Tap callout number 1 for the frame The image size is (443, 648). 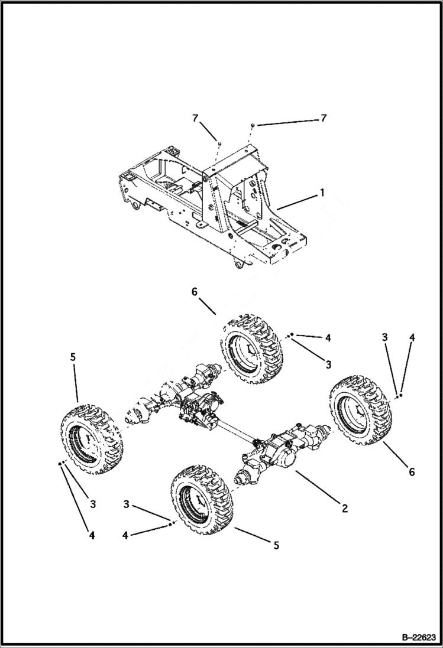coord(322,192)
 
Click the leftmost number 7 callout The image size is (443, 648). coord(195,118)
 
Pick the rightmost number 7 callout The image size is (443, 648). coord(323,118)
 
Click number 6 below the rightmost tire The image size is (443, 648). coord(412,471)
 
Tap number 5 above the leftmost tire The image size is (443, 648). coord(73,357)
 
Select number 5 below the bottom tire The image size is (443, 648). coord(276,545)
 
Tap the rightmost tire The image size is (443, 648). coord(361,408)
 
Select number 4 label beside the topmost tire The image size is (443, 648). coord(328,338)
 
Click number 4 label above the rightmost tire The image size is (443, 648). coord(412,338)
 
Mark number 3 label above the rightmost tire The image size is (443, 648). coord(384,337)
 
